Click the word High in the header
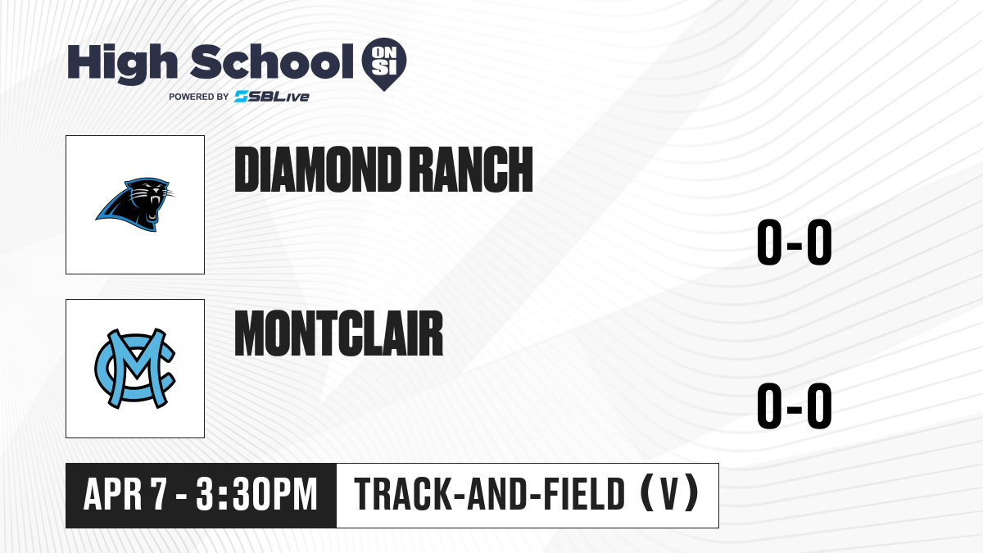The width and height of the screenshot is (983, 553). point(122,63)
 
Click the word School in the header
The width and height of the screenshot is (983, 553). point(272,61)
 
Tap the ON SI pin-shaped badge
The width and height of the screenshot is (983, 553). point(384,64)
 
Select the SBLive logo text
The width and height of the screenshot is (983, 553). point(272,97)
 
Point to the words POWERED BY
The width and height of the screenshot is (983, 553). point(199,97)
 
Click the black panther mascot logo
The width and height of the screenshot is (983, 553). point(135,205)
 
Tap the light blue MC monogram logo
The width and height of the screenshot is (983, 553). point(135,369)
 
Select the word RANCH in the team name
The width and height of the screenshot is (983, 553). point(473,170)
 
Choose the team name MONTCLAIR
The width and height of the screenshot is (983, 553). point(339,333)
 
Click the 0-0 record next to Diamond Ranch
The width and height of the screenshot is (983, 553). point(795,242)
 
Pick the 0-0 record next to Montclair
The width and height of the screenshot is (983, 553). point(795,406)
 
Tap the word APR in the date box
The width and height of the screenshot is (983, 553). point(113,494)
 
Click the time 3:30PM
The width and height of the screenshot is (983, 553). point(256,494)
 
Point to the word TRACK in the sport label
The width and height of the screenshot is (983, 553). point(403,494)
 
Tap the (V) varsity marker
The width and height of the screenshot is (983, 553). point(670,493)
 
